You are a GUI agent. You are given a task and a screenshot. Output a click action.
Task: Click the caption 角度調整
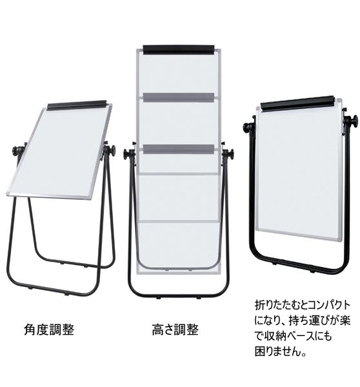tap(49, 330)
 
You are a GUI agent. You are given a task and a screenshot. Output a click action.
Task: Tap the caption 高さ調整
tap(175, 330)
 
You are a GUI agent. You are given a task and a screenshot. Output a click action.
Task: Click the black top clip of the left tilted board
tap(77, 105)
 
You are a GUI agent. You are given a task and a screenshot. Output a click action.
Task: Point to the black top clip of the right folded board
tap(297, 103)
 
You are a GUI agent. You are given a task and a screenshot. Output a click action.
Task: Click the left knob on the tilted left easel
tap(18, 150)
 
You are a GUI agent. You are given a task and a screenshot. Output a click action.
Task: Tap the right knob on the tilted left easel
tap(110, 150)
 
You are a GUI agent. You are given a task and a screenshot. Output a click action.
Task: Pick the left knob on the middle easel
tap(128, 154)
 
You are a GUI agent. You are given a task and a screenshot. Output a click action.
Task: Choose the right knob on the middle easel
tap(228, 154)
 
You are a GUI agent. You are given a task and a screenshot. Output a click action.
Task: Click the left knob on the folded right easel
tap(248, 128)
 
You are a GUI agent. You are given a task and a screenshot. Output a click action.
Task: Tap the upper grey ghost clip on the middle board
tap(178, 97)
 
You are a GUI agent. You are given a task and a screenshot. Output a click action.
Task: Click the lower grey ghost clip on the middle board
tap(178, 149)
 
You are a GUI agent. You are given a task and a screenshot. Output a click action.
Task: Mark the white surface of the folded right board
tap(298, 170)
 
